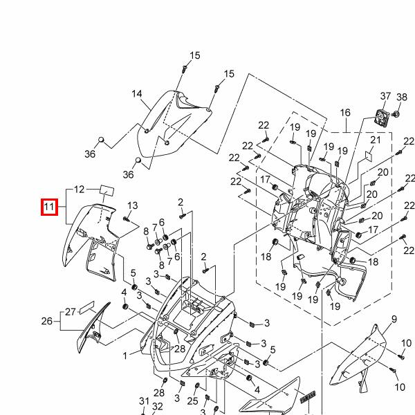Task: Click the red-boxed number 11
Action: pyautogui.click(x=49, y=206)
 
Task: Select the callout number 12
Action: pyautogui.click(x=80, y=189)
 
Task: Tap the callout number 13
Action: pyautogui.click(x=133, y=205)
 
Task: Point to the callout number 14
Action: pyautogui.click(x=136, y=94)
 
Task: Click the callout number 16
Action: pyautogui.click(x=346, y=112)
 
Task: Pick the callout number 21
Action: pyautogui.click(x=376, y=140)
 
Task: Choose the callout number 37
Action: pyautogui.click(x=386, y=96)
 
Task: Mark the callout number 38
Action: pyautogui.click(x=402, y=97)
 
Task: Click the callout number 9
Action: pyautogui.click(x=394, y=318)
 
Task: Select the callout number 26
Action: pyautogui.click(x=47, y=321)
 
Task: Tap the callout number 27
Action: pyautogui.click(x=71, y=312)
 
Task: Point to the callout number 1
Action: pyautogui.click(x=126, y=356)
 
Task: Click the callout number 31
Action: pyautogui.click(x=144, y=402)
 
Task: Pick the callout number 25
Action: pyautogui.click(x=193, y=400)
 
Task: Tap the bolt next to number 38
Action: pyautogui.click(x=396, y=113)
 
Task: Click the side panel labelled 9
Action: pyautogui.click(x=360, y=356)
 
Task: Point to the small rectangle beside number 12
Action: pyautogui.click(x=107, y=189)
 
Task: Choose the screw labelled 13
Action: pyautogui.click(x=125, y=219)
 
